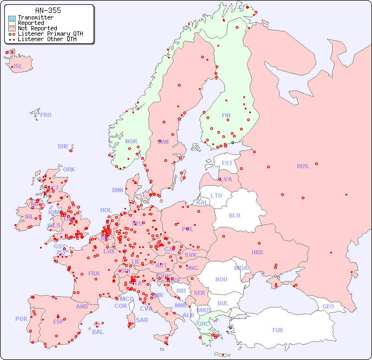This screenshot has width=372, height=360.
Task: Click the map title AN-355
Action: pos(48,10)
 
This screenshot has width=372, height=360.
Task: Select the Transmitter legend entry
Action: pos(35,18)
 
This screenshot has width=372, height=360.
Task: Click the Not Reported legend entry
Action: pos(37,28)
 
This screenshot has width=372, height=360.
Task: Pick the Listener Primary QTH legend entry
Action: pos(50,34)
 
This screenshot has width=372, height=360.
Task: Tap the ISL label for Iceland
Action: pos(18,67)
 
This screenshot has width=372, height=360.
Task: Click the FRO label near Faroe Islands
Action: pos(46,115)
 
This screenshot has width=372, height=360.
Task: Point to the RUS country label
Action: pos(302,166)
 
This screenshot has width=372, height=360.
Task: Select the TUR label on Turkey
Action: pos(277,330)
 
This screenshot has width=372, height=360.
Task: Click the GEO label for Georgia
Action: pos(328,306)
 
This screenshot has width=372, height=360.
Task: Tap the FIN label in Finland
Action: pos(226,115)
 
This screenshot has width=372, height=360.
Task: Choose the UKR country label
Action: pos(257,252)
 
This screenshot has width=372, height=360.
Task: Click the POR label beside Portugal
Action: pos(21,319)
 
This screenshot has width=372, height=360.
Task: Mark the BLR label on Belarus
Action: pos(235,215)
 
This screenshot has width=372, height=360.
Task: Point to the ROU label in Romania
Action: pos(221,279)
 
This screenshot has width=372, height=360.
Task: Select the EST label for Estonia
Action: pos(227,163)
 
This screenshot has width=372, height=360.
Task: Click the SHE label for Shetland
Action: pos(63,146)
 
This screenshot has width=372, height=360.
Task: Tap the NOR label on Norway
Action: pos(131,141)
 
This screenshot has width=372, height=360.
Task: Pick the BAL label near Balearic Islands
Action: pos(98,332)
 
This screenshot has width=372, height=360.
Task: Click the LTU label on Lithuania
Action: pos(216,195)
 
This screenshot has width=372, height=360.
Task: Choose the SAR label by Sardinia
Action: pos(142,320)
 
